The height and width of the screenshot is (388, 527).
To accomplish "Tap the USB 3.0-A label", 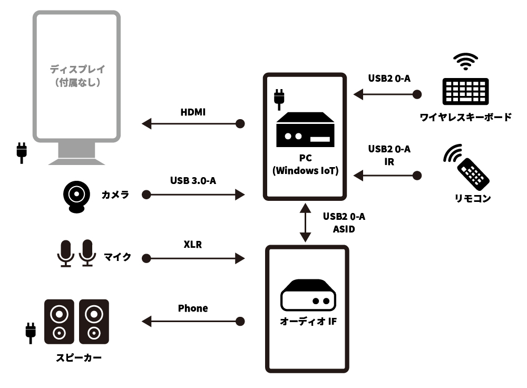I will tap(193, 181).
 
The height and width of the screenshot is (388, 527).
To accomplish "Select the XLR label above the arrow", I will tap(192, 245).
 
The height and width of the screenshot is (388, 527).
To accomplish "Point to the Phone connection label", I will tap(193, 308).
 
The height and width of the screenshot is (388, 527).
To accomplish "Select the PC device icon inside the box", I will tap(305, 131).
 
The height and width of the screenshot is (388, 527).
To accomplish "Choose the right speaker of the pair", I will tap(94, 322).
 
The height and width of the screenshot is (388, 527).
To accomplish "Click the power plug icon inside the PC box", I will tap(279, 99).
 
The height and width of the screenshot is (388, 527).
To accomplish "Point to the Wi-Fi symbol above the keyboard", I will tap(466, 61).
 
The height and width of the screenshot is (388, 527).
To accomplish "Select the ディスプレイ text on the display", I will tap(77, 69).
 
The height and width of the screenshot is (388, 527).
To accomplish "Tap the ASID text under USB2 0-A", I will tap(344, 229).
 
